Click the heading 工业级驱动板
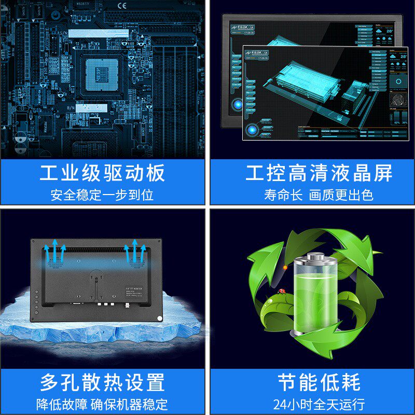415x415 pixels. (102, 173)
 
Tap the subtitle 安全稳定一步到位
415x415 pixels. (102, 195)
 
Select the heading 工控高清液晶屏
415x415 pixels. (312, 173)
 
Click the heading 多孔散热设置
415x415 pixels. (102, 382)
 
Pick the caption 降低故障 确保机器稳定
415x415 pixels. (102, 404)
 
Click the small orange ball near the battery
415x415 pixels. (285, 267)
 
